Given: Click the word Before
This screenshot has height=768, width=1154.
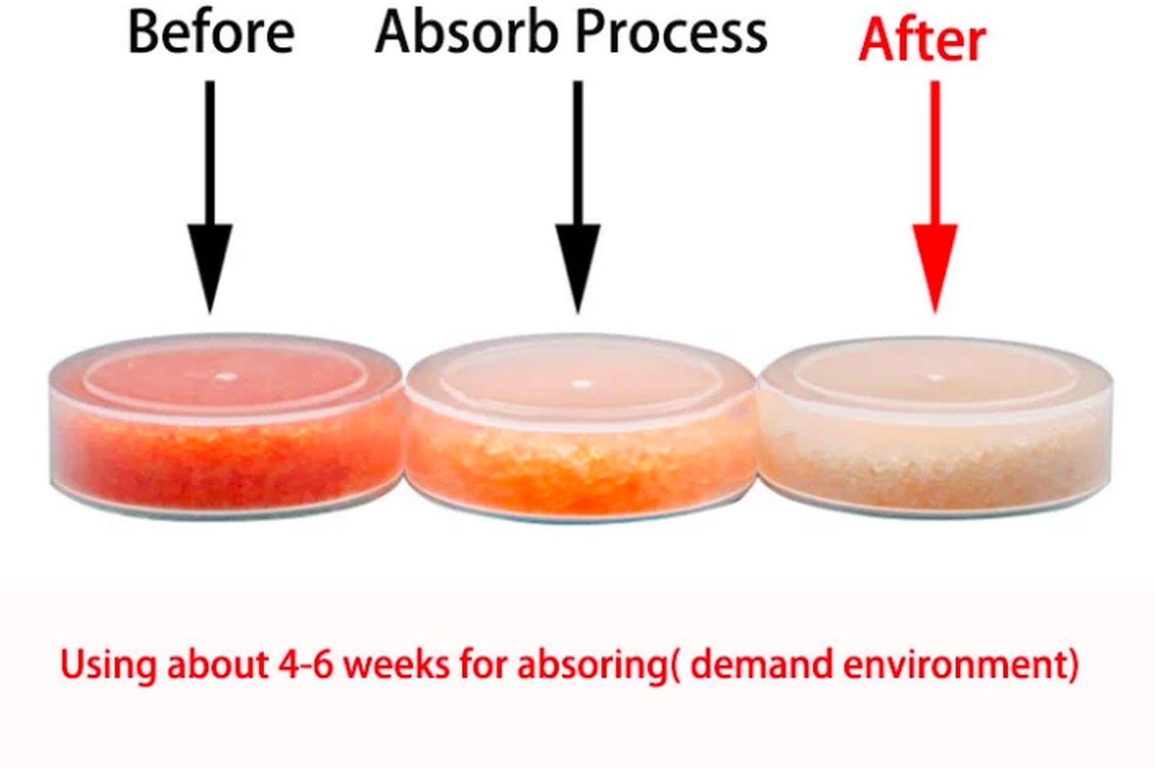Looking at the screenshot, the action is coord(212,32).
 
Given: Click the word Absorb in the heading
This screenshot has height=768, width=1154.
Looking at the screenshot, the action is coord(467,32).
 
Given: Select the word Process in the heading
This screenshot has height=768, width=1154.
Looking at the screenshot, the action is coord(671,33).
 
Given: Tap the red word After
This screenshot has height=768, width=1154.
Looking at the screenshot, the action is coord(922,40).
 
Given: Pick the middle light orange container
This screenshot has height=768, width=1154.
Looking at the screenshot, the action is coord(581,428).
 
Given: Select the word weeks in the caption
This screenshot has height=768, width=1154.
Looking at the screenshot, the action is coord(396,664).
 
